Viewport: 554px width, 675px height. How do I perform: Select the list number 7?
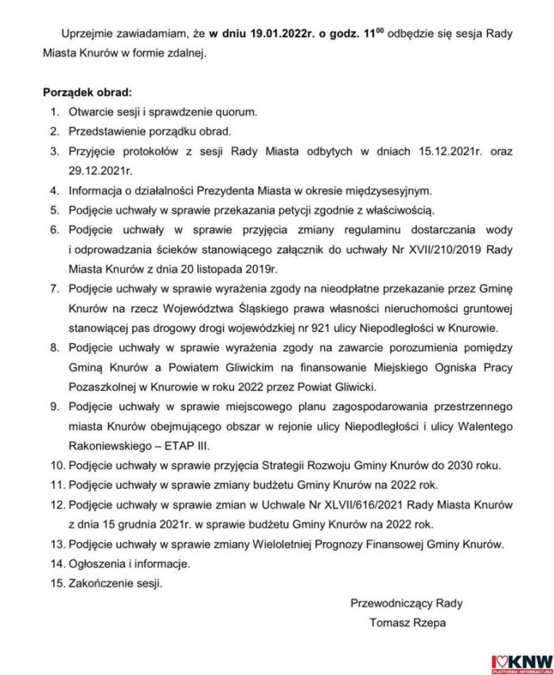click(54, 289)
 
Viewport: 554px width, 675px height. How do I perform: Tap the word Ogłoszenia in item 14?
click(97, 563)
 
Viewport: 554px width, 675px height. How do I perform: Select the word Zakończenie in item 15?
click(102, 583)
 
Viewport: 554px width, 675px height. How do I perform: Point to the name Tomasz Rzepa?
click(407, 622)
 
